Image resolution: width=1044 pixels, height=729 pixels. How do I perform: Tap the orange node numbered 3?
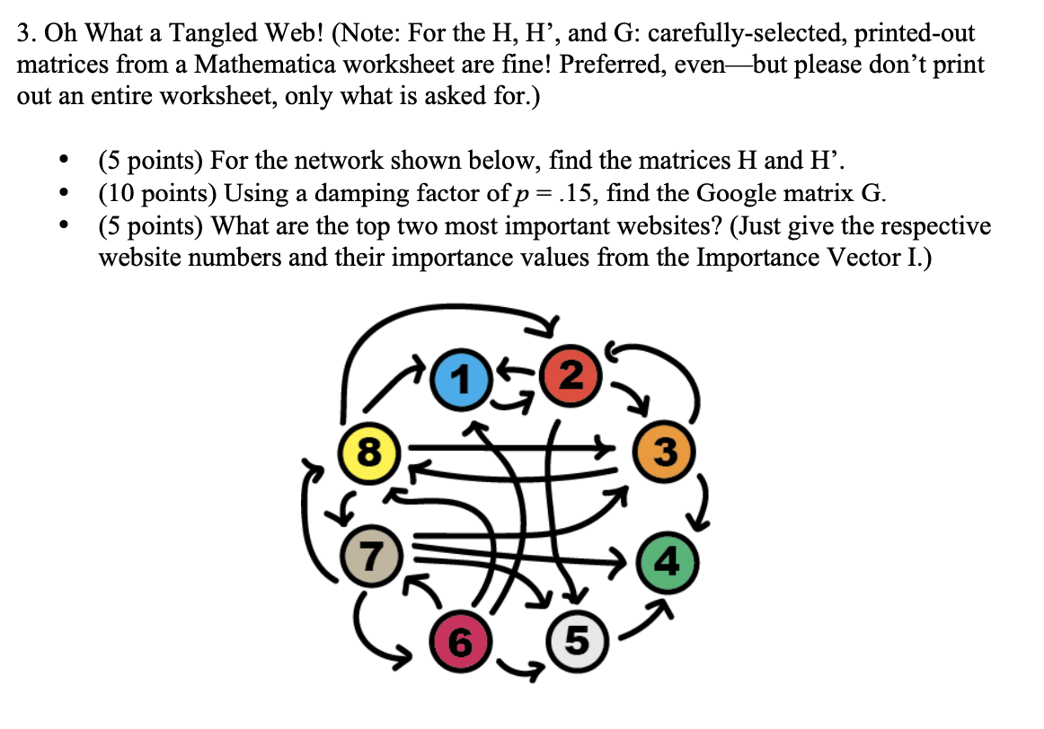click(x=662, y=449)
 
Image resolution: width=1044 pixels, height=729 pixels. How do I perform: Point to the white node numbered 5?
click(x=577, y=639)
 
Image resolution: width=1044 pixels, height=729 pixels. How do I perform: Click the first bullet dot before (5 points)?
click(x=62, y=162)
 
